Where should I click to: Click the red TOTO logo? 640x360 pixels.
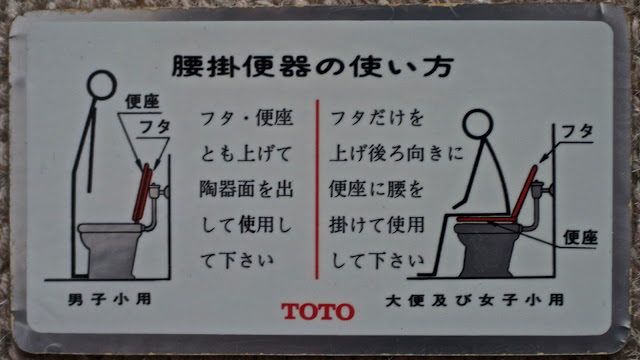318,311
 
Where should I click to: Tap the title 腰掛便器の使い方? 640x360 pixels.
313,67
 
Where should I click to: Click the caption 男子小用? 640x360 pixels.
110,299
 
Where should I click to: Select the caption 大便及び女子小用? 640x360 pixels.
475,300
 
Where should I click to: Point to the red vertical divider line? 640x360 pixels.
317,189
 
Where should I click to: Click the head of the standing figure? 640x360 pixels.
102,85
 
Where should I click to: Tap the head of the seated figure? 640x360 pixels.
478,123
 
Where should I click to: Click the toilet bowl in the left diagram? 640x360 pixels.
110,250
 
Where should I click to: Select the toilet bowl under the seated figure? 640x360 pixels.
487,250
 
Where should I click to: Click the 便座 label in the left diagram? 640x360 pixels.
142,101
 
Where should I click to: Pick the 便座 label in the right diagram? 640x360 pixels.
580,237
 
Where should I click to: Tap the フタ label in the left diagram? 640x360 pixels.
154,127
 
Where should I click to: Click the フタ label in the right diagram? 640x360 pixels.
577,131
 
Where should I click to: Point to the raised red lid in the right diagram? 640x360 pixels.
524,192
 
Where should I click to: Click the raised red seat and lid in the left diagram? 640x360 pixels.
142,193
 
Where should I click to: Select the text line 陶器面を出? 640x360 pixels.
246,189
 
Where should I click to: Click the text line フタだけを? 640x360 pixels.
377,118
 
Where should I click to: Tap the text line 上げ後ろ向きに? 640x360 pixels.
396,153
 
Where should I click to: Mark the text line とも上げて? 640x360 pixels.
246,154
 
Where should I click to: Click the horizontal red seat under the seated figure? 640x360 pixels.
485,219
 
